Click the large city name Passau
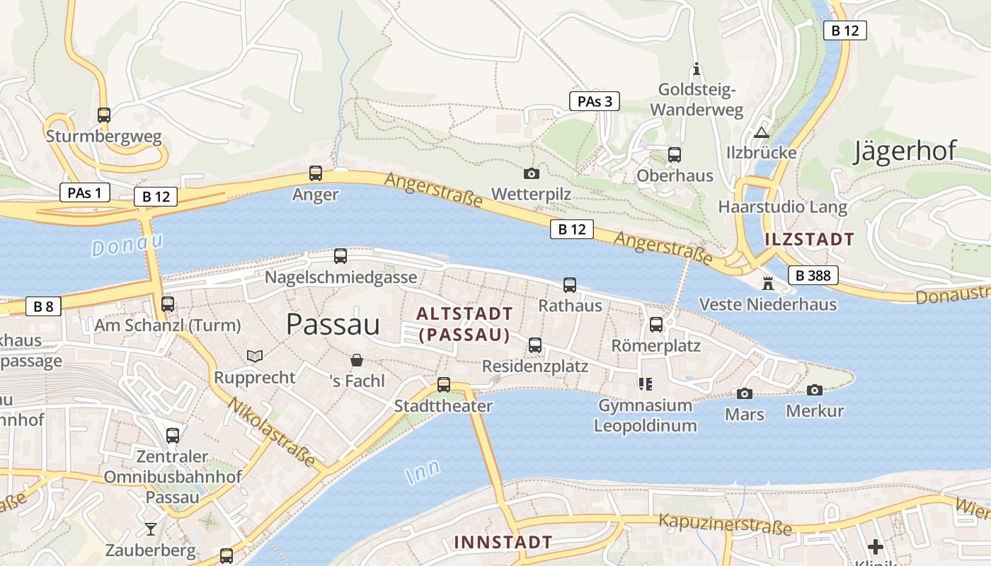tap(333, 325)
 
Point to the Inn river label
tap(423, 471)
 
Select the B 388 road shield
tap(813, 275)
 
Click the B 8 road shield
tap(43, 306)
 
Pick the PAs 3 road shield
tap(594, 101)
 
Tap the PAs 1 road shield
tap(84, 192)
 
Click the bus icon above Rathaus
tap(570, 285)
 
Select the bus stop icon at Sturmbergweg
tap(104, 115)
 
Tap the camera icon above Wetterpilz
tap(531, 173)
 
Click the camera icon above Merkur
tap(815, 390)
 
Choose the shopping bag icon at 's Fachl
tap(357, 361)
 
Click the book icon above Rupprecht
tap(254, 356)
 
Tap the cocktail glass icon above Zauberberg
tap(150, 529)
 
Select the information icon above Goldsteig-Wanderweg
tap(697, 69)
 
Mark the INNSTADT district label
tap(503, 543)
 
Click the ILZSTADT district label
tap(809, 239)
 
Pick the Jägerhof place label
tap(905, 151)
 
